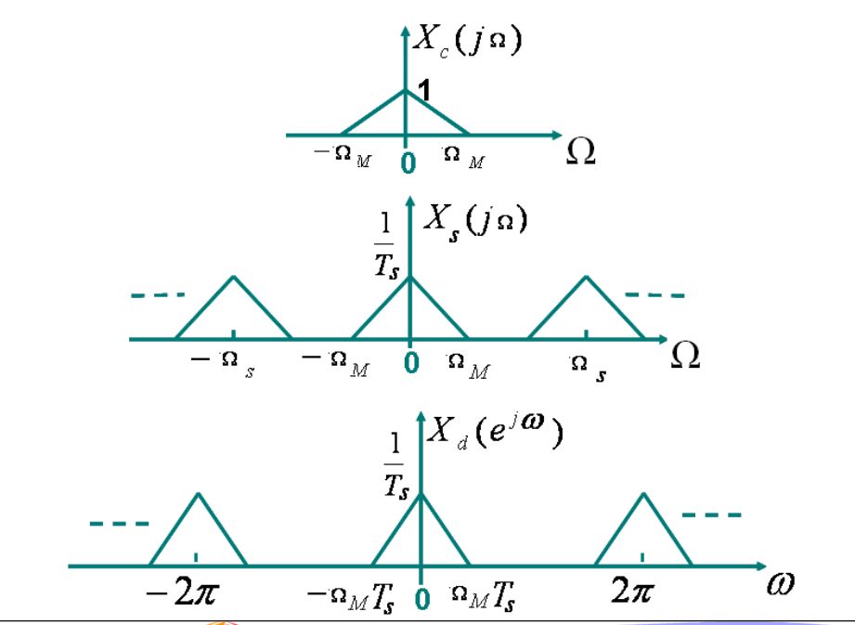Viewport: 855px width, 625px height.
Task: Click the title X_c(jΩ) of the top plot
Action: click(x=467, y=40)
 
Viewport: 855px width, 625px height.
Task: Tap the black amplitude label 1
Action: click(x=424, y=90)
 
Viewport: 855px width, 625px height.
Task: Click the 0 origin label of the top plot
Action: click(x=408, y=163)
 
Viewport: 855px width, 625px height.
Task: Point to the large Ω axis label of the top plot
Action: click(x=580, y=150)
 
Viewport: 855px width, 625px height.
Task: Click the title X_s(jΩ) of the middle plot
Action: click(x=475, y=222)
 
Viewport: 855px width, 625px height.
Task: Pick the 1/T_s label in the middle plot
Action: click(x=386, y=245)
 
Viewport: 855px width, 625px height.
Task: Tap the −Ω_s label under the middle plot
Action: click(x=223, y=364)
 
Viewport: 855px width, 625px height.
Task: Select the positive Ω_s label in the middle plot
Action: click(x=588, y=368)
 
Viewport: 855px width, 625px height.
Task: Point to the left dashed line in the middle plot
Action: click(x=158, y=295)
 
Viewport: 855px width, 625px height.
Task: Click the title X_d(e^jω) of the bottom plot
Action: click(x=495, y=433)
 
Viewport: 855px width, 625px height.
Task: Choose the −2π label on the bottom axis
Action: click(x=183, y=591)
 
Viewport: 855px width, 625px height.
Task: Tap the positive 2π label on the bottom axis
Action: click(x=632, y=590)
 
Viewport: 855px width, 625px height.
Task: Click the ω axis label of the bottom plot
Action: click(x=781, y=583)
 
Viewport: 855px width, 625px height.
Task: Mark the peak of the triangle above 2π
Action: click(x=644, y=493)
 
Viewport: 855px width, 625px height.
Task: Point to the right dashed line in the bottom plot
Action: click(x=712, y=514)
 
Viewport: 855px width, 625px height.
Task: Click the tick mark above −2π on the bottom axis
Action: click(x=196, y=557)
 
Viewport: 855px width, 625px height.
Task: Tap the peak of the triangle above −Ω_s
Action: click(x=234, y=277)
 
